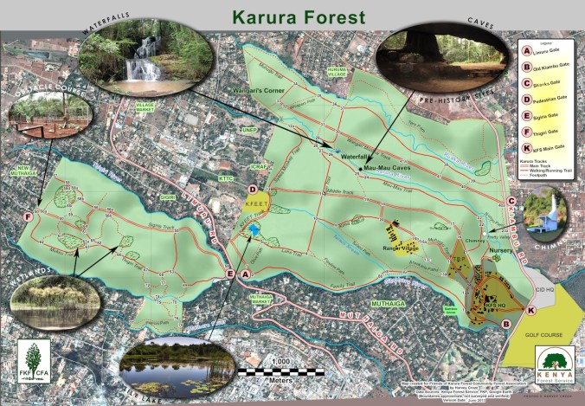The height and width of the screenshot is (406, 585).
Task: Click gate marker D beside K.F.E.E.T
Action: pos(253,190)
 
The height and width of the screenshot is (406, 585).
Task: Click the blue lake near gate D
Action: pos(254,229)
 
